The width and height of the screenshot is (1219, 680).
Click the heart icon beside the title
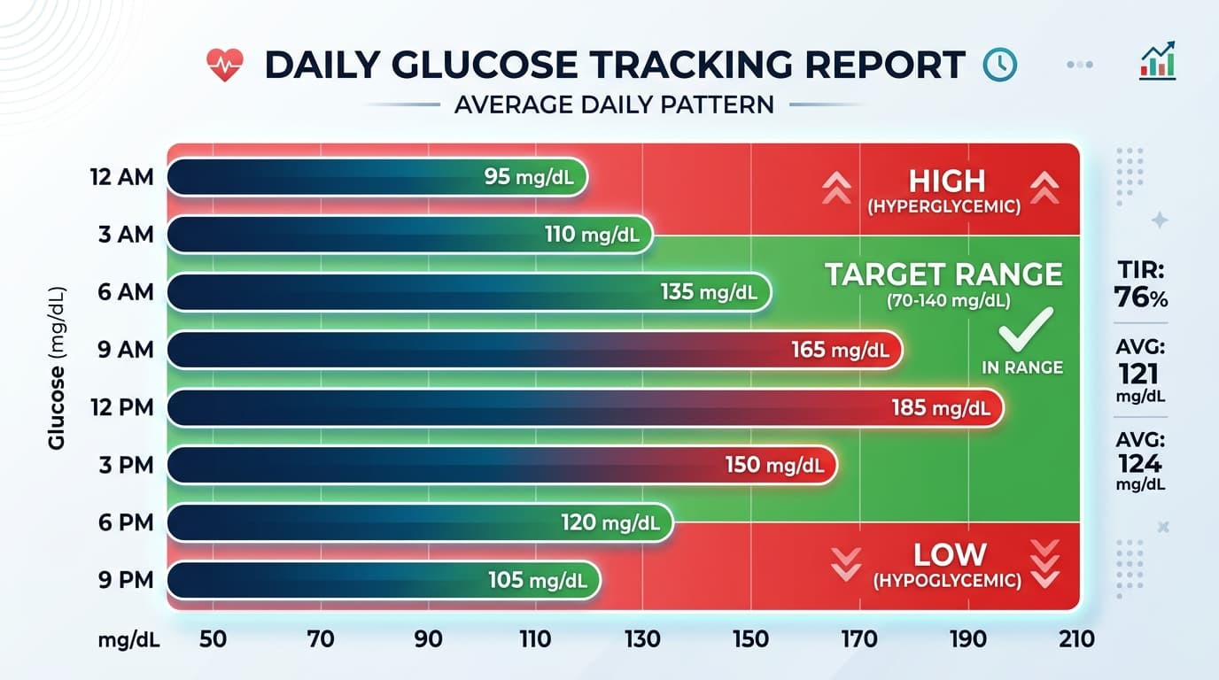tap(224, 65)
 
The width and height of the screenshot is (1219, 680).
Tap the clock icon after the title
tap(1000, 65)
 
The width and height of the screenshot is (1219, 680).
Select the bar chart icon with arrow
tap(1158, 61)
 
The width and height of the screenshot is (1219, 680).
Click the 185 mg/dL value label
tap(941, 408)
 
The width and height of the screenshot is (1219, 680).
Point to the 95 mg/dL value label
tap(529, 177)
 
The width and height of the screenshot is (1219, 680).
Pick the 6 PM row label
tap(125, 522)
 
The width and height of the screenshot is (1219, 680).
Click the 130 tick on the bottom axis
tap(643, 639)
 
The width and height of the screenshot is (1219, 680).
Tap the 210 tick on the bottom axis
tap(1076, 639)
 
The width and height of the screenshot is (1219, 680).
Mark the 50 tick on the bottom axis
tap(213, 639)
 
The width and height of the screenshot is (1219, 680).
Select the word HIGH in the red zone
tap(946, 182)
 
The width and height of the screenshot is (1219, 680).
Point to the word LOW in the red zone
tap(950, 555)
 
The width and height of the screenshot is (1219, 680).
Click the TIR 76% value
tap(1141, 297)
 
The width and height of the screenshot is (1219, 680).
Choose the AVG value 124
tap(1140, 462)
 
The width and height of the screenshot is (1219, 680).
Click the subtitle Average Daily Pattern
tap(614, 104)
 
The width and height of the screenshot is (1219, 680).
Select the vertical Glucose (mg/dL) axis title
tap(58, 367)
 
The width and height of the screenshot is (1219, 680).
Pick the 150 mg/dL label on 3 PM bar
tap(775, 465)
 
